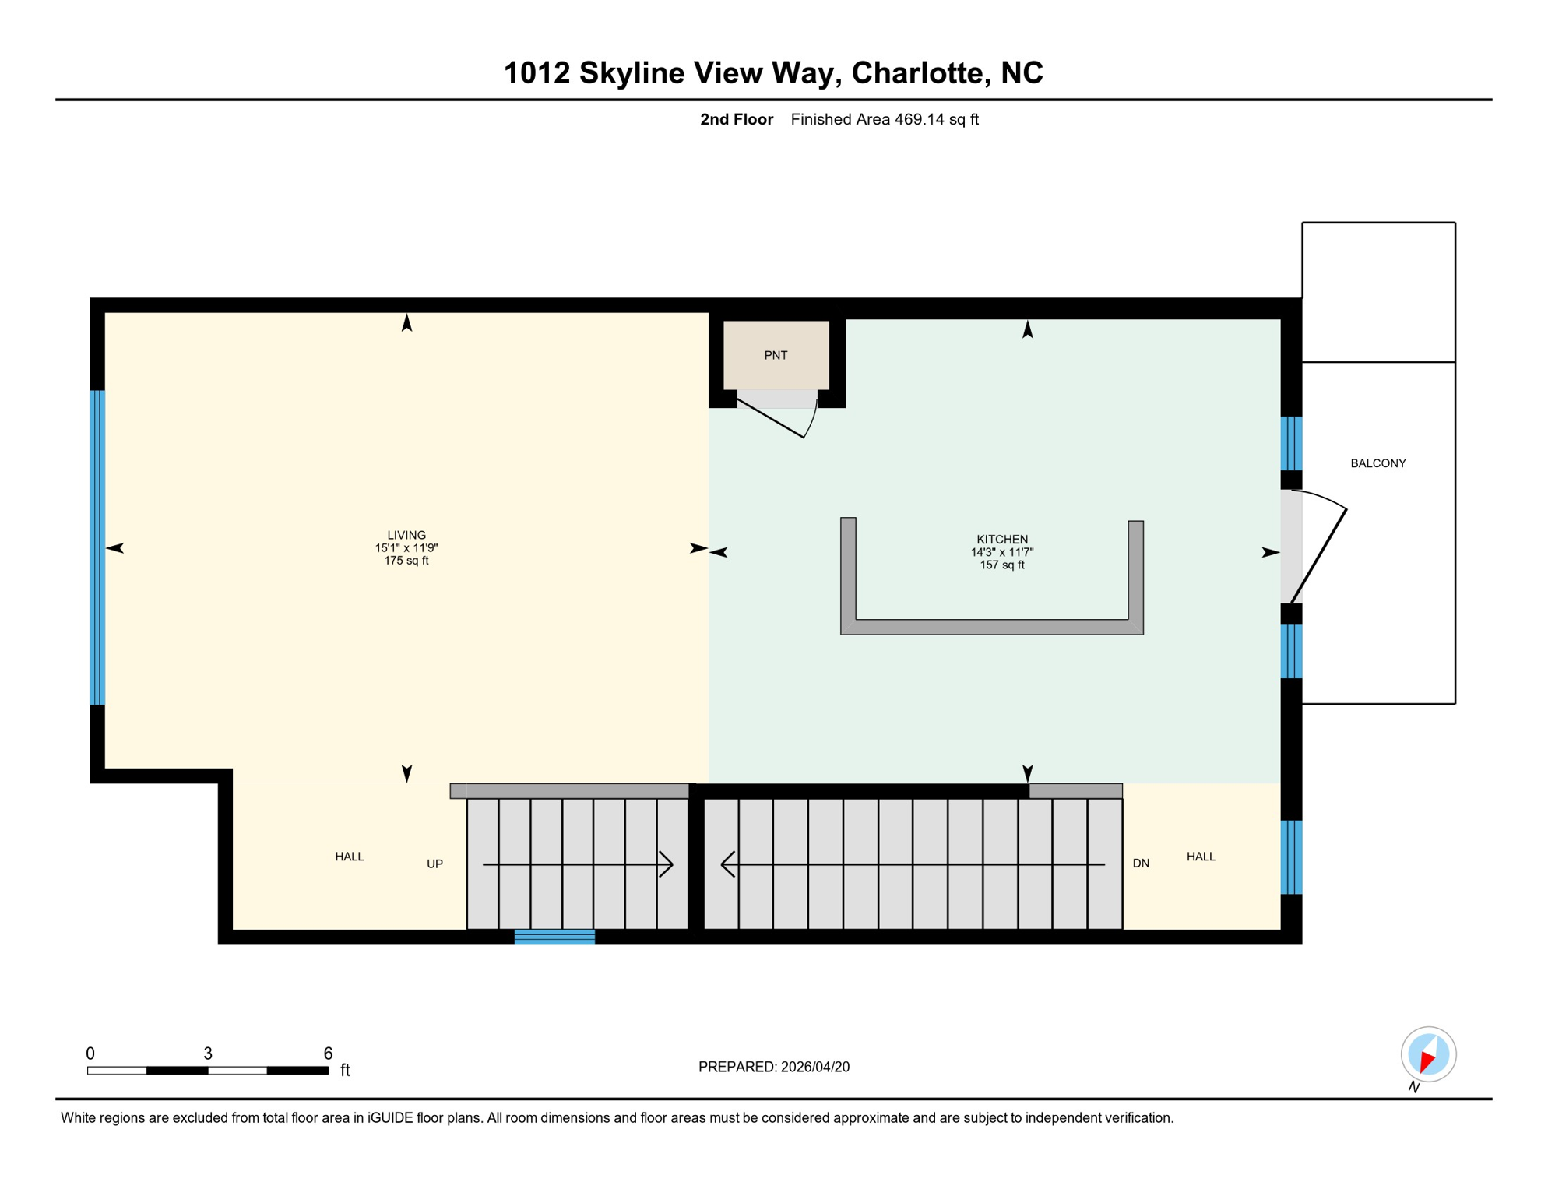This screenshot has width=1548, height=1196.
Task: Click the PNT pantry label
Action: click(x=776, y=355)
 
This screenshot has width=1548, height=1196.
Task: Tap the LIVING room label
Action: click(x=406, y=535)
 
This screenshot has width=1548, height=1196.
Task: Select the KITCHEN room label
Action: click(x=1002, y=539)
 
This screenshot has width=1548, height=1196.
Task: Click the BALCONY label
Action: click(x=1377, y=463)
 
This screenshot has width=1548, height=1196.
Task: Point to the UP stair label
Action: click(x=434, y=864)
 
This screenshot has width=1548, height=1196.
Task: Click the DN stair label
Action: click(x=1141, y=863)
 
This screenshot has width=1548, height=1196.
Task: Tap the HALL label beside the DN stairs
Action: click(x=1201, y=857)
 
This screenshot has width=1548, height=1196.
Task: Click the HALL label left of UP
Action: click(x=350, y=857)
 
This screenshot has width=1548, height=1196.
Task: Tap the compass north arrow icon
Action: click(x=1428, y=1055)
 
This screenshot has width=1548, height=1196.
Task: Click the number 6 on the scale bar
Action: click(x=328, y=1054)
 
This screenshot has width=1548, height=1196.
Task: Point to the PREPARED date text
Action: click(x=773, y=1067)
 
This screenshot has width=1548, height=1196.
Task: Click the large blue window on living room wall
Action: click(x=97, y=547)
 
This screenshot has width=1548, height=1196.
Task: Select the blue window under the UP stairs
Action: click(x=554, y=937)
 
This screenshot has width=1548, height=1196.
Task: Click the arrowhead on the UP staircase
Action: click(x=667, y=864)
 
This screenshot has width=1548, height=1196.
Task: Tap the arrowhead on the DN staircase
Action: click(x=727, y=864)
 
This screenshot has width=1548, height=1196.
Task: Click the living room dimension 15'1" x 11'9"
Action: click(x=406, y=548)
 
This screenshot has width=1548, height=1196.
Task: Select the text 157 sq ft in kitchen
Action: click(x=1002, y=565)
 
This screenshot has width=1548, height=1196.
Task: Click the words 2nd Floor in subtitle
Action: click(x=736, y=119)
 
